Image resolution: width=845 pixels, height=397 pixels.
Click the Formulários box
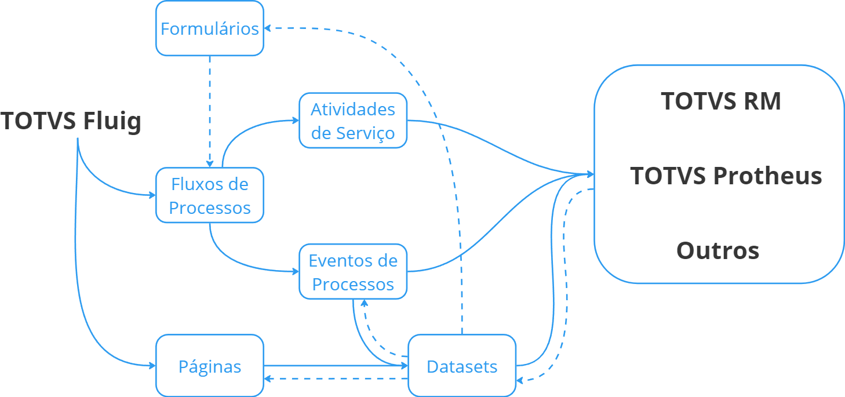(x=210, y=28)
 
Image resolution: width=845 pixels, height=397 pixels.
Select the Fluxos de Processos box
(x=210, y=195)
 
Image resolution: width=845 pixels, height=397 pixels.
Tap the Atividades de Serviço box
(x=353, y=121)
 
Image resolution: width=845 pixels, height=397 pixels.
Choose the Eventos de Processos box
(x=353, y=271)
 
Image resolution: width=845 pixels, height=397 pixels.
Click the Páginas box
(x=210, y=365)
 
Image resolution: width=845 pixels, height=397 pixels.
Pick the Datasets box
(x=462, y=365)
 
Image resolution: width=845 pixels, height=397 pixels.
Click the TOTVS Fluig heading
(x=71, y=121)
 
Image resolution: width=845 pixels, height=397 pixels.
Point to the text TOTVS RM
(x=721, y=101)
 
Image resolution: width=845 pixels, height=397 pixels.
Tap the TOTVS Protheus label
(x=726, y=176)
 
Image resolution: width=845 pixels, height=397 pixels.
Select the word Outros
(x=718, y=250)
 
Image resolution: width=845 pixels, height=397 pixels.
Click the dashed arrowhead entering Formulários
(x=267, y=28)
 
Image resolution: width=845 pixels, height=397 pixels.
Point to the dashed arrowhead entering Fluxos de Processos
(x=210, y=164)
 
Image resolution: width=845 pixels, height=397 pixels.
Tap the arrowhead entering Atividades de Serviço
(x=296, y=121)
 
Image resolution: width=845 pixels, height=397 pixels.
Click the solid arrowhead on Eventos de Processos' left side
(x=296, y=271)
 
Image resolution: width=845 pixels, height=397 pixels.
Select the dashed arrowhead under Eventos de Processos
(x=365, y=303)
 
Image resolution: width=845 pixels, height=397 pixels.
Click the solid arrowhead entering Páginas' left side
(x=152, y=366)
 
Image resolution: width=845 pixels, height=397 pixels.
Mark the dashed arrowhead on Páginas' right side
(x=267, y=378)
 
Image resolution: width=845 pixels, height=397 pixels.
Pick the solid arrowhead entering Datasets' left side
(x=405, y=366)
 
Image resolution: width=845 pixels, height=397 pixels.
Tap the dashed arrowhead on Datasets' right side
(x=520, y=380)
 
